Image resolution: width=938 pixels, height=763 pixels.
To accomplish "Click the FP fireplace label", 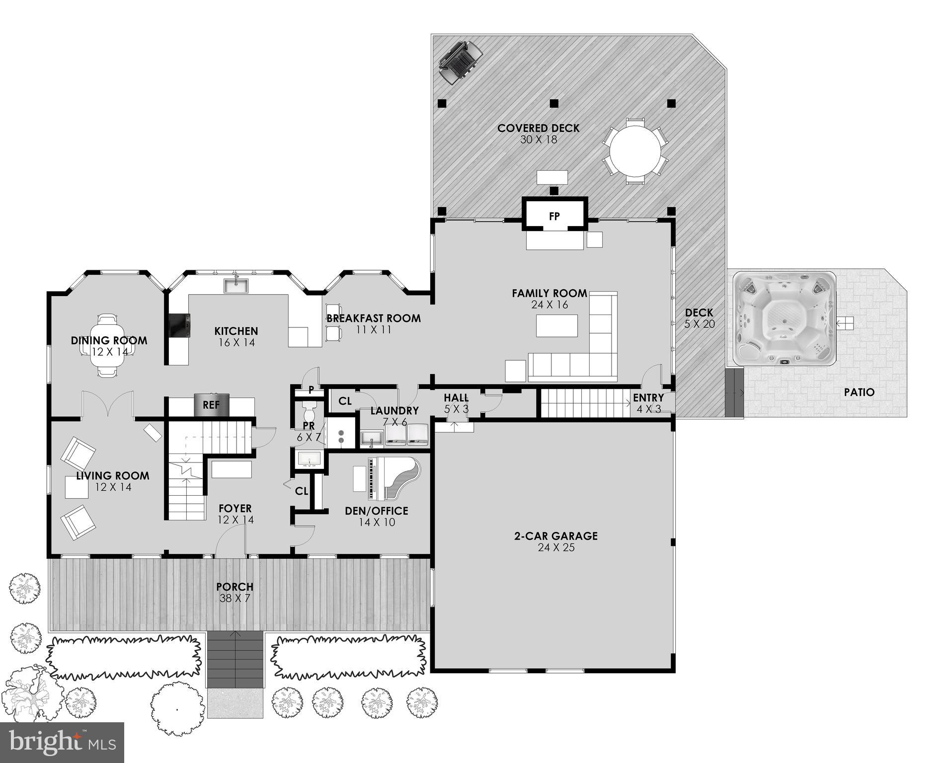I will pos(554,216).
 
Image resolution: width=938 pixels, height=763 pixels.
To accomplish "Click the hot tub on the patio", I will pos(783,318).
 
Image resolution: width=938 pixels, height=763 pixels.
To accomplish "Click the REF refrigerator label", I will pos(211,405).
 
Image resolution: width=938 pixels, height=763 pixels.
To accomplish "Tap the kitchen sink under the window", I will pos(236,286).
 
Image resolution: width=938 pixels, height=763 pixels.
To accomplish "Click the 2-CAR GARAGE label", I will pos(555,536).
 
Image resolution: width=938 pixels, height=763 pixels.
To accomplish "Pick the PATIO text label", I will pos(859,392).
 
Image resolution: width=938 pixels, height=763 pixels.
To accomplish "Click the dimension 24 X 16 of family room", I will pos(549,305).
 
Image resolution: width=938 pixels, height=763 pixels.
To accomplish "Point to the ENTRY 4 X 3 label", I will pos(648,403).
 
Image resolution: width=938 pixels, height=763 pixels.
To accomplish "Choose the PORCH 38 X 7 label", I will pos(235,592).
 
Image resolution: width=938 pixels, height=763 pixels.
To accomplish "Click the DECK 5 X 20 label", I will pos(699,318).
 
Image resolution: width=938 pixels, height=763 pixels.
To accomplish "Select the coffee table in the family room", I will pos(557,326).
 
